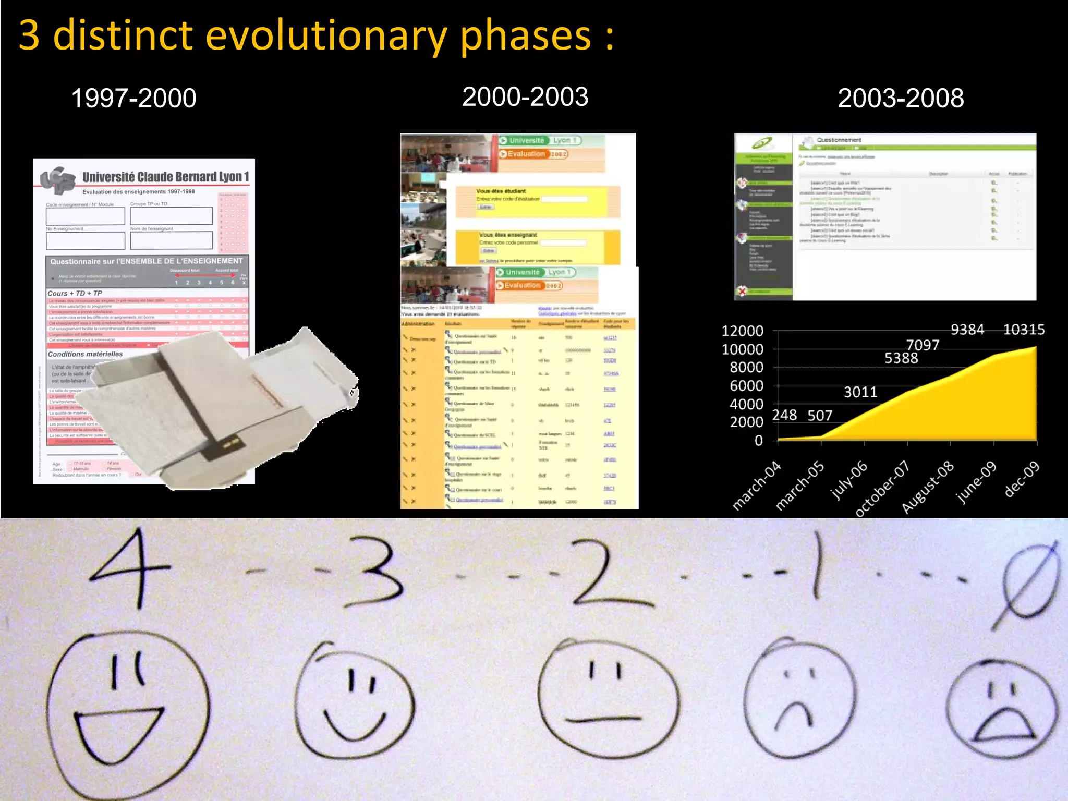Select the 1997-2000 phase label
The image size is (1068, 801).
tap(133, 98)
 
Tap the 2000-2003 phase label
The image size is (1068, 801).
tap(525, 97)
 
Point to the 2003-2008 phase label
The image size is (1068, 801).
tap(901, 98)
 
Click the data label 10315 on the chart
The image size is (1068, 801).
tap(1024, 330)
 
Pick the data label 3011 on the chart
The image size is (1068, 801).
tap(860, 392)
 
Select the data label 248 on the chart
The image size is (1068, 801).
tap(784, 415)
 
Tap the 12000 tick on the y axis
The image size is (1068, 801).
tap(742, 331)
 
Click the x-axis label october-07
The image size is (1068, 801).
tap(882, 489)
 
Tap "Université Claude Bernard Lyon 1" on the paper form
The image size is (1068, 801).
tap(166, 177)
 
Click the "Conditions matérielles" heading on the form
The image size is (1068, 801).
tap(86, 354)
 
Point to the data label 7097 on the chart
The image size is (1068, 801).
tap(923, 345)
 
